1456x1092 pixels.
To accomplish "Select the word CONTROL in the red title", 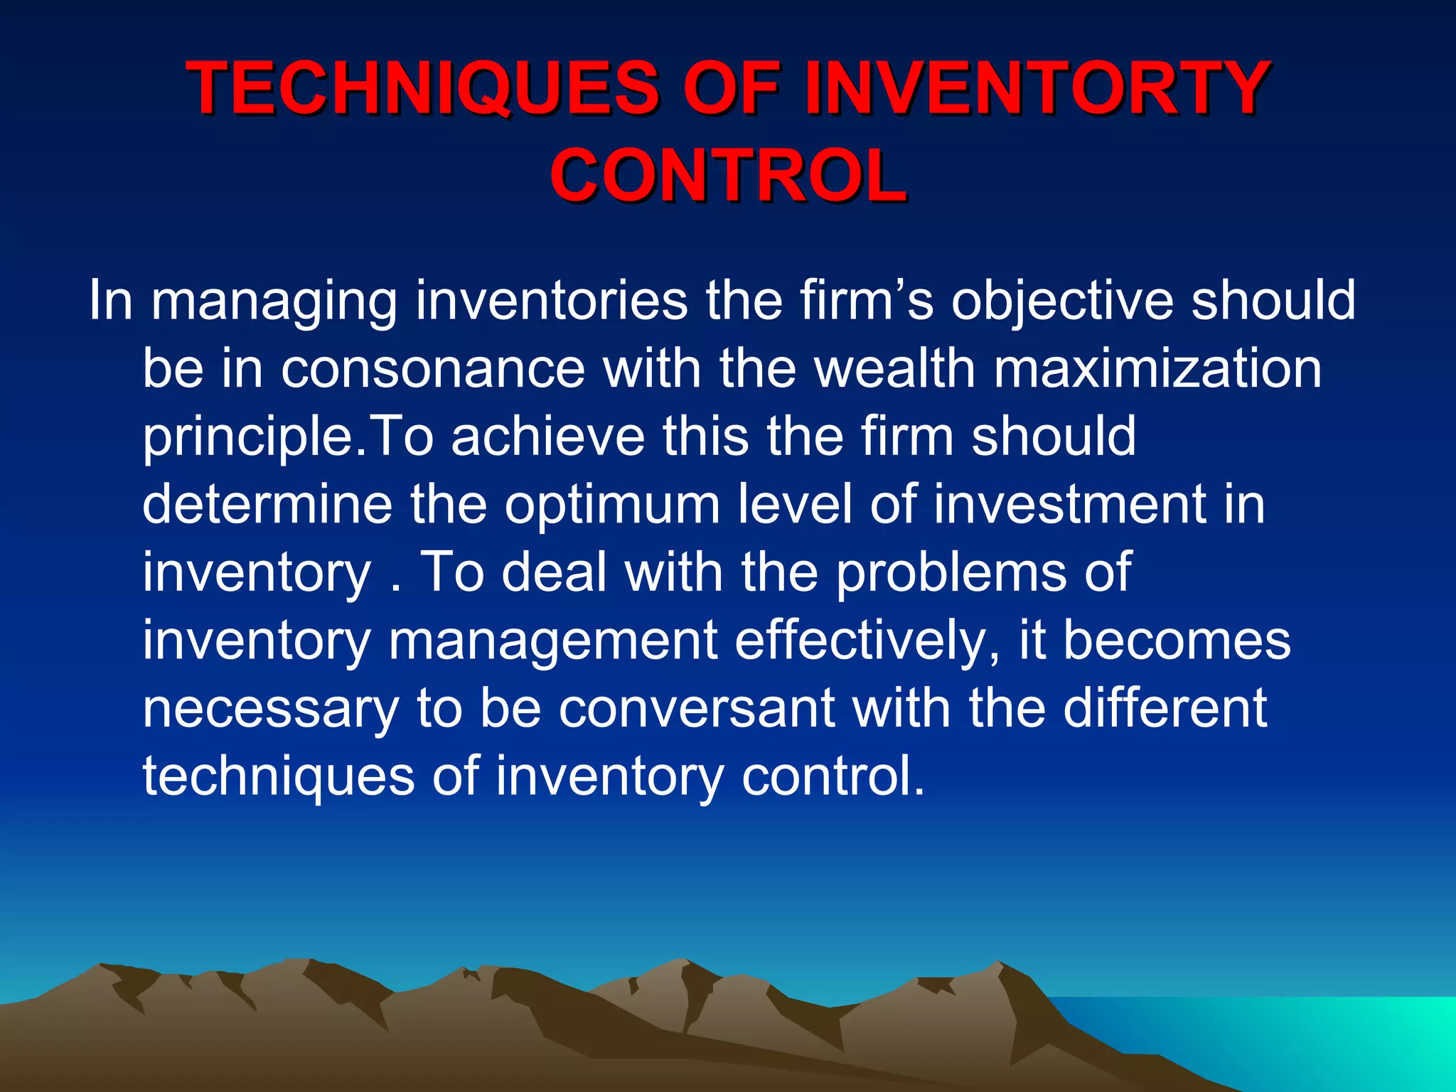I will tap(728, 175).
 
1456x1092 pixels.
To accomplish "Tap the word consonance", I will tap(433, 368).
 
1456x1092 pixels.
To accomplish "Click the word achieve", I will tap(547, 436).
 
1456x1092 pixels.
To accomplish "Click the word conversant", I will tap(696, 708).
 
